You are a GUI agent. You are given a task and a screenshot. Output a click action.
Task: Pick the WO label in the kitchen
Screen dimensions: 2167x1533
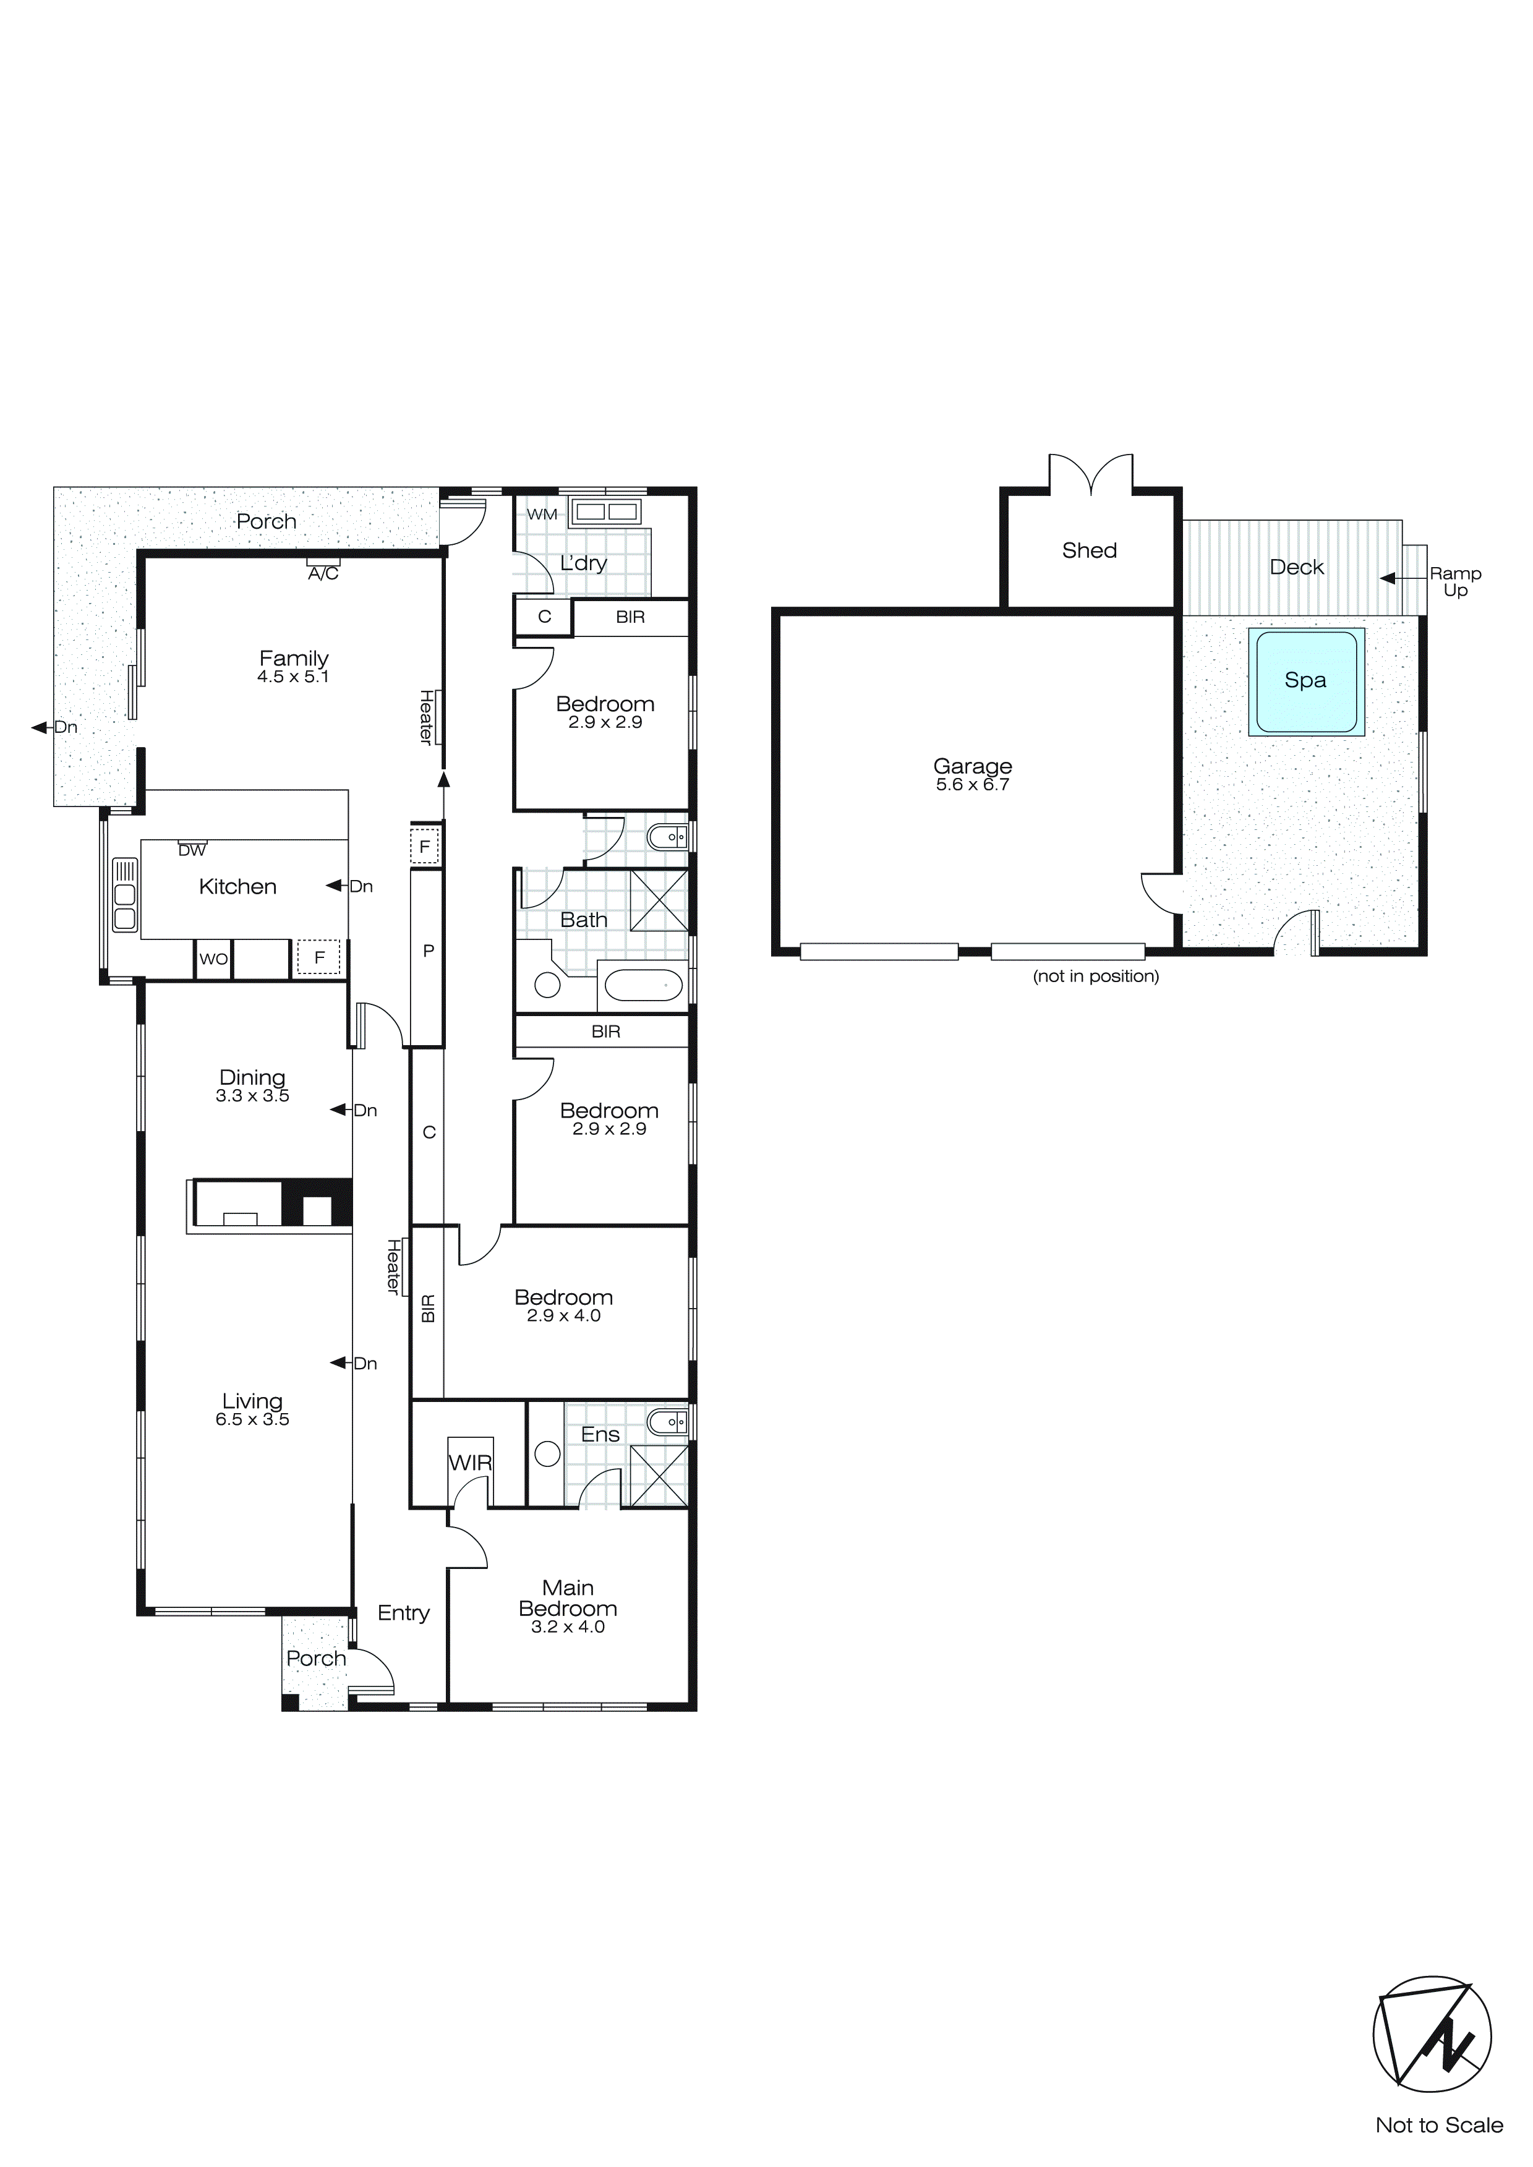tap(213, 959)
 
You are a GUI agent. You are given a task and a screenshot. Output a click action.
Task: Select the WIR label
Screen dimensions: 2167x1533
tap(470, 1463)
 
